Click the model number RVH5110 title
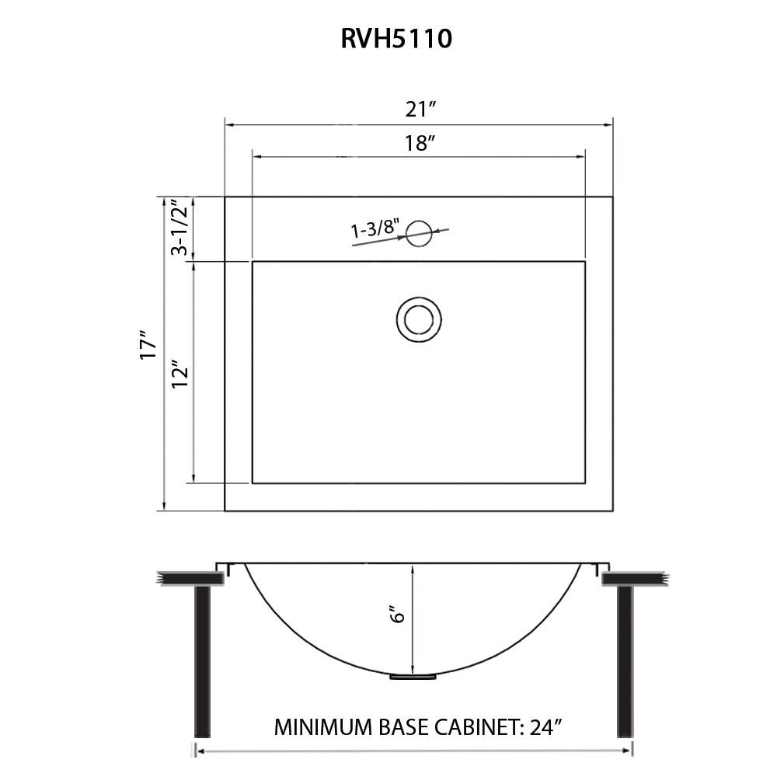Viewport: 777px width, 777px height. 396,38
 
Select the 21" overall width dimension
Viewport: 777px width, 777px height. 419,110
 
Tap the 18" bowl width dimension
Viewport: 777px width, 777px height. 419,143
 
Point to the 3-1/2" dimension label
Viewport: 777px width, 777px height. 179,228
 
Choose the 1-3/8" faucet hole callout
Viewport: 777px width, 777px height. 375,229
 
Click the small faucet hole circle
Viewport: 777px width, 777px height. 419,233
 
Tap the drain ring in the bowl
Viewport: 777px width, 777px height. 419,319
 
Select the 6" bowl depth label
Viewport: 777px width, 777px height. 399,615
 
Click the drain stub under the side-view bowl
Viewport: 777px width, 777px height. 413,677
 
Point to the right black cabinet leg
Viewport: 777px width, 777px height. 625,660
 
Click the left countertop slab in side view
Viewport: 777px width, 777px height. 190,578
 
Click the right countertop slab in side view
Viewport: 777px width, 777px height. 634,578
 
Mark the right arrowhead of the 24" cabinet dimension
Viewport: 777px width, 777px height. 629,751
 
